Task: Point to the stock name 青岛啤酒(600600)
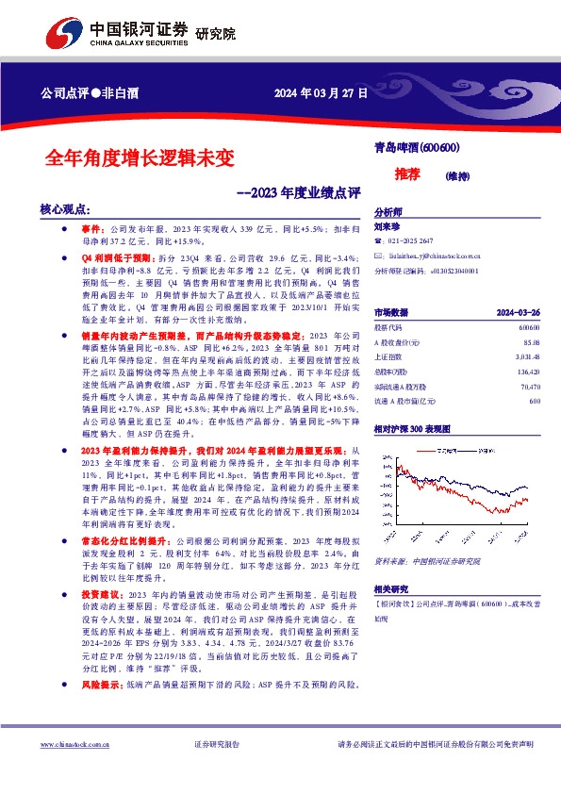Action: (416, 148)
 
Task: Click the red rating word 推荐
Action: (406, 175)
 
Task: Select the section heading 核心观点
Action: (64, 209)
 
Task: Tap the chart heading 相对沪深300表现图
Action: (411, 402)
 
